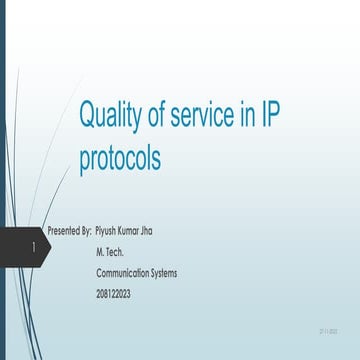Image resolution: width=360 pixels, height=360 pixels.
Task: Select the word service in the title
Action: [x=205, y=116]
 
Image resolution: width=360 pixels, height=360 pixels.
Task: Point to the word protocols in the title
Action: [x=120, y=158]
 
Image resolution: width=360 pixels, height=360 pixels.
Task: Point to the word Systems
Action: [x=164, y=272]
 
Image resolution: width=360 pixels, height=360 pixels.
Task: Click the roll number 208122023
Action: [x=116, y=291]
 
